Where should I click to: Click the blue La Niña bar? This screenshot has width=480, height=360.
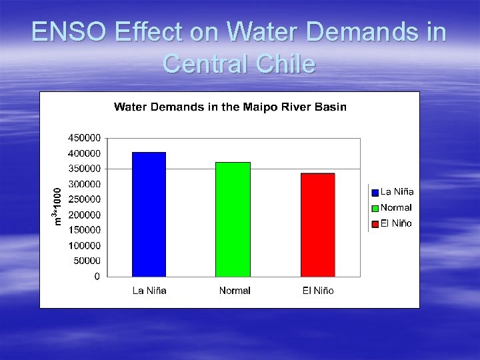tap(149, 214)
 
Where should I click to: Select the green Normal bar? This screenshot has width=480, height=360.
tap(233, 219)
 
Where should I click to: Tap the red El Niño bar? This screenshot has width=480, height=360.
tap(317, 225)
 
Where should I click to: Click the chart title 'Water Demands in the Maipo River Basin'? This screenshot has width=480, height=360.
tap(230, 107)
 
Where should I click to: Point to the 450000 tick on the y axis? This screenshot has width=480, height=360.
tap(84, 138)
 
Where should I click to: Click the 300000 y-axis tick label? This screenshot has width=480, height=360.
tap(84, 184)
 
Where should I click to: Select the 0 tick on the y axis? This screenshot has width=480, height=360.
tap(97, 276)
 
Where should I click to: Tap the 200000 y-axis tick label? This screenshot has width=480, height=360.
tap(84, 215)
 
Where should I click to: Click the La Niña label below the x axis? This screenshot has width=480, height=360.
tap(149, 291)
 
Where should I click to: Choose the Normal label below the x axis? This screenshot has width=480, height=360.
tap(235, 291)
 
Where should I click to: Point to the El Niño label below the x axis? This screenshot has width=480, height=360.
tap(317, 291)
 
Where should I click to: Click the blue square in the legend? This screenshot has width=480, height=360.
tap(375, 193)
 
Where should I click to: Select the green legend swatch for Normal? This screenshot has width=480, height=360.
tap(375, 208)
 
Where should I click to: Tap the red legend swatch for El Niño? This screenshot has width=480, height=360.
tap(375, 223)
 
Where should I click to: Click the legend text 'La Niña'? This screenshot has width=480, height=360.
tap(397, 192)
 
